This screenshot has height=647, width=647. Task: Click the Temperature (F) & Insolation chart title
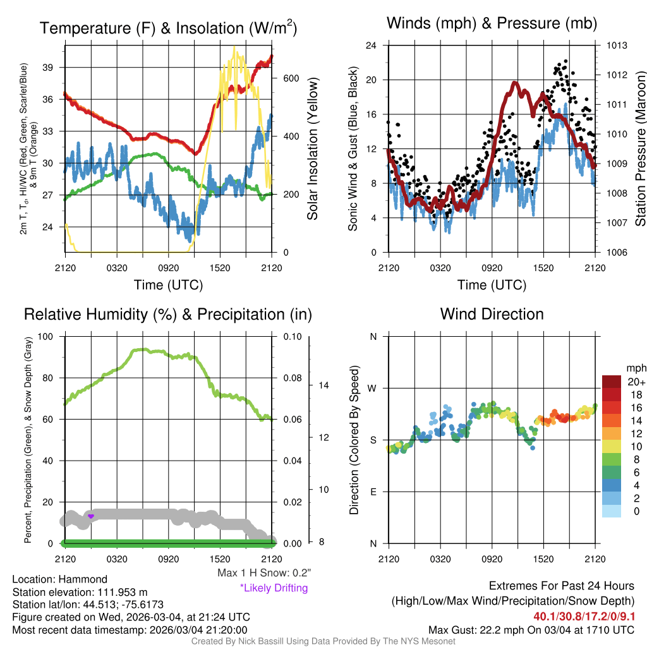tap(168, 28)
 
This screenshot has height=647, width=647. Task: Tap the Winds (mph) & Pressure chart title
tap(492, 23)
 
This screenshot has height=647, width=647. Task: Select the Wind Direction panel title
tap(492, 314)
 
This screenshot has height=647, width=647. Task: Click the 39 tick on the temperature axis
tap(53, 68)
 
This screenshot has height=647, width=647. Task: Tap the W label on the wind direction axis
tap(373, 388)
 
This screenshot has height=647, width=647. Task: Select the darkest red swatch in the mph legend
tap(611, 382)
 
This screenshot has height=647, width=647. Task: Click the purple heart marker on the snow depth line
tap(91, 516)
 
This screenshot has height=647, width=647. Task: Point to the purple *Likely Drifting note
tap(273, 588)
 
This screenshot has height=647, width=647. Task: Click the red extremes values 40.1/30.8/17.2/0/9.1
tap(584, 616)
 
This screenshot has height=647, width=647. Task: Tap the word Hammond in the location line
tap(86, 579)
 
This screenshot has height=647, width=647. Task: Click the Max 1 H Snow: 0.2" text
tap(263, 573)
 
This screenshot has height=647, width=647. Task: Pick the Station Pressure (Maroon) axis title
tap(639, 148)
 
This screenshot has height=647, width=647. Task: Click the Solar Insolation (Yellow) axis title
tap(312, 148)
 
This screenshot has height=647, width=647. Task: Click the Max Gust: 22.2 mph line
tap(531, 629)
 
